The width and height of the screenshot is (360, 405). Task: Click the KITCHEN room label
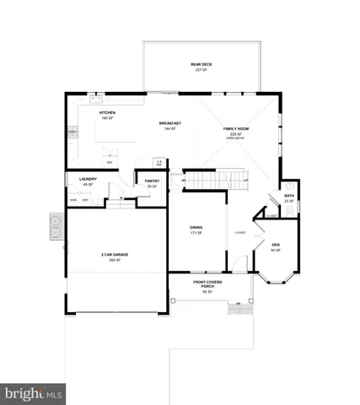pyautogui.click(x=107, y=112)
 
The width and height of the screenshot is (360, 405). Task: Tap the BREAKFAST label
pyautogui.click(x=170, y=124)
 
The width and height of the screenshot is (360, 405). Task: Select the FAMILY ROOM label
pyautogui.click(x=234, y=128)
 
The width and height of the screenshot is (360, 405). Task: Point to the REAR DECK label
pyautogui.click(x=201, y=64)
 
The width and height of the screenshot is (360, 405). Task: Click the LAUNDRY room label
pyautogui.click(x=88, y=180)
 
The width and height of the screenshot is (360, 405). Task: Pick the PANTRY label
pyautogui.click(x=152, y=181)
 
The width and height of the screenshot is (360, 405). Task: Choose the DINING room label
pyautogui.click(x=196, y=226)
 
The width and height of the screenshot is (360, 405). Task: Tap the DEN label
pyautogui.click(x=275, y=245)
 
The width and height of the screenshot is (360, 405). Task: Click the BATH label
pyautogui.click(x=289, y=195)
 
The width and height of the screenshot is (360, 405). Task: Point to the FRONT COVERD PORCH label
pyautogui.click(x=208, y=284)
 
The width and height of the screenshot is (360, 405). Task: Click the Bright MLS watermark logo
pyautogui.click(x=34, y=393)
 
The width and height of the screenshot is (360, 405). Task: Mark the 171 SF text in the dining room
pyautogui.click(x=196, y=232)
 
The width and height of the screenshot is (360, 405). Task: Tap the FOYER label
pyautogui.click(x=239, y=233)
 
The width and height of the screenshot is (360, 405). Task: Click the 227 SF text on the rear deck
pyautogui.click(x=201, y=69)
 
